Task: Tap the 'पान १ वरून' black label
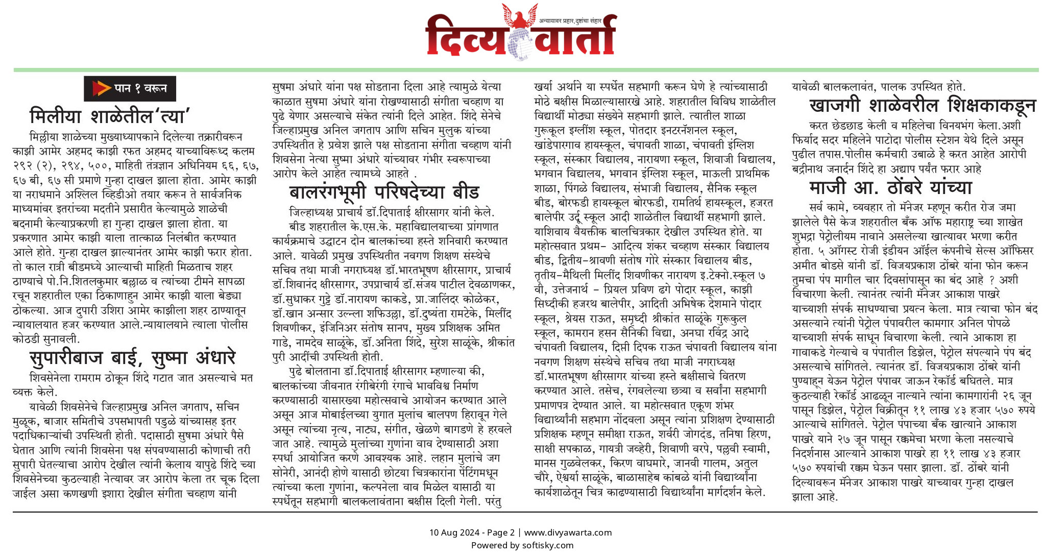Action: point(130,88)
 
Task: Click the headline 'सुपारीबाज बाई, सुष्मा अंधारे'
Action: point(132,358)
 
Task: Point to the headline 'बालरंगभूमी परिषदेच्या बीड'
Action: point(384,192)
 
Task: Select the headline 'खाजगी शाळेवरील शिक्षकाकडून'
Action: point(922,105)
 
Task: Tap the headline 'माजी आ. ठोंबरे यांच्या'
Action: point(890,187)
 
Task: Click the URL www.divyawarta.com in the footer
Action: point(568,532)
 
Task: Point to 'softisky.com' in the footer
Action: point(547,545)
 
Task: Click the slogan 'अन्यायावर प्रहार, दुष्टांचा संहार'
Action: point(570,21)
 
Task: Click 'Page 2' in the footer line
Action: point(501,532)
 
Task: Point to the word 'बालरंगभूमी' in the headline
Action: point(327,192)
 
